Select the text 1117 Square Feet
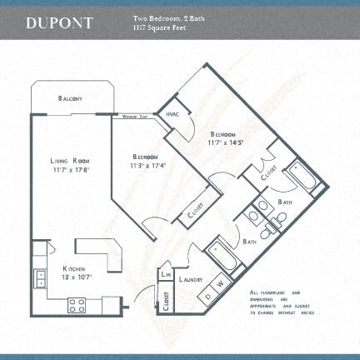pyautogui.click(x=158, y=27)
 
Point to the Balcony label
pyautogui.click(x=70, y=98)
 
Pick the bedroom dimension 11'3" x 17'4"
pyautogui.click(x=148, y=165)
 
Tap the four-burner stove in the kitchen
pyautogui.click(x=76, y=306)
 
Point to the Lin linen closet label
pyautogui.click(x=166, y=273)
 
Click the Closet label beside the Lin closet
pyautogui.click(x=167, y=298)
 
